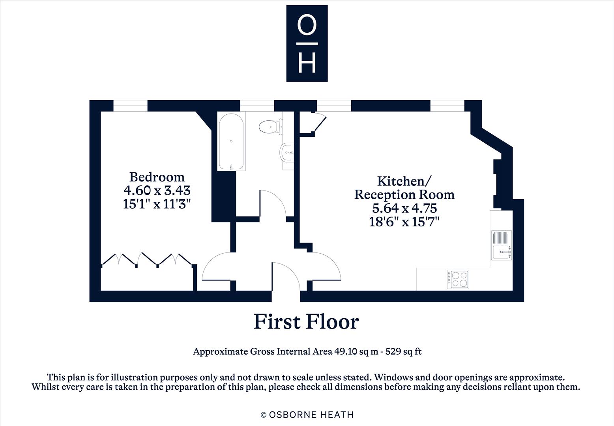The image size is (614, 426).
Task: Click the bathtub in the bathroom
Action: pos(231,141)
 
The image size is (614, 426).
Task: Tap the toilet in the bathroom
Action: pos(271,127)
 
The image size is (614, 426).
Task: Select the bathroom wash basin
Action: pos(287,152)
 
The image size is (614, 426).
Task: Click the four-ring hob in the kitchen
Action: pos(458,279)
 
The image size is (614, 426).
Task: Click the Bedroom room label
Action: pos(157,177)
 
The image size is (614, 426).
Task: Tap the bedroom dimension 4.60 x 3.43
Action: pos(157,190)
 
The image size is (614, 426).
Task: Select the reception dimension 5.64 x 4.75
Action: pos(404,208)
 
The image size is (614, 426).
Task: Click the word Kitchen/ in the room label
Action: pos(404,181)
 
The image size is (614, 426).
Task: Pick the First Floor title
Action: pos(306,321)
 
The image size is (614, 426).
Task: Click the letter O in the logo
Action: pos(307,25)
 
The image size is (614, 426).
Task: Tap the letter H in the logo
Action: pos(307,63)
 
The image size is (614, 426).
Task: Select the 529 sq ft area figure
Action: pos(403,351)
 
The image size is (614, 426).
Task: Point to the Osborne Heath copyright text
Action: pos(307,415)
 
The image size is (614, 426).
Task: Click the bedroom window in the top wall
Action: pos(131,106)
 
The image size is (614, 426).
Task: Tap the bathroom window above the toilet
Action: pos(257,106)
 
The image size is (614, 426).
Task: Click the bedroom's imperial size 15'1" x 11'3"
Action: pos(157,204)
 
